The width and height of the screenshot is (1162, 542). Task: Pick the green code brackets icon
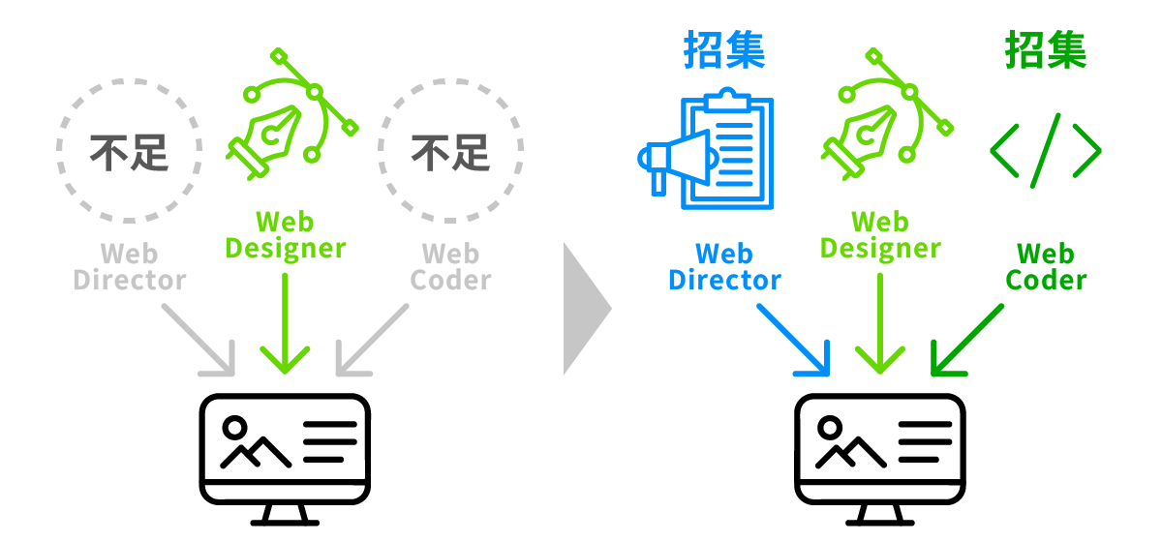(x=1046, y=150)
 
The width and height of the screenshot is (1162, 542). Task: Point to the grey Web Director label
(x=130, y=268)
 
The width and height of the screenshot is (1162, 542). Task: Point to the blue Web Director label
(x=724, y=268)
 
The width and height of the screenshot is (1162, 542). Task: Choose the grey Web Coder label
(x=451, y=268)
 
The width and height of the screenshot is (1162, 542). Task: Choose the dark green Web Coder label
(x=1046, y=268)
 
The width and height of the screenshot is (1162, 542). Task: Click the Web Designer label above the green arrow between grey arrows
(x=285, y=235)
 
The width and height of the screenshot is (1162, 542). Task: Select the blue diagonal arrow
(x=794, y=340)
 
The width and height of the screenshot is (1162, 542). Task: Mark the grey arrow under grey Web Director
(x=199, y=340)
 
